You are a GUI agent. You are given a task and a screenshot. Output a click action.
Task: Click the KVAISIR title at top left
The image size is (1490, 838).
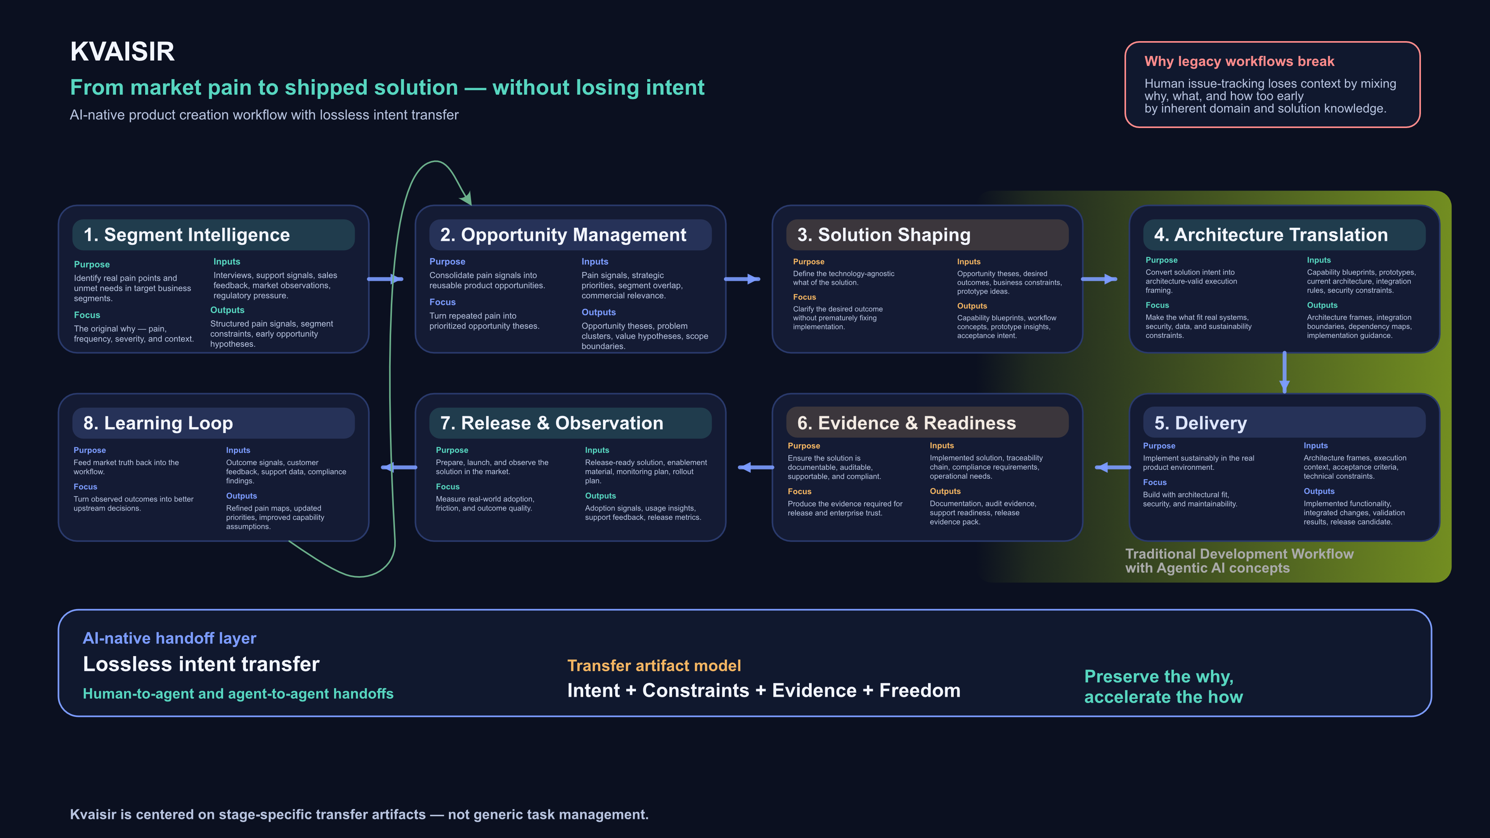pyautogui.click(x=122, y=52)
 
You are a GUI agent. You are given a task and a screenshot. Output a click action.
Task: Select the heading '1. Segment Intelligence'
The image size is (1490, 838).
pyautogui.click(x=186, y=235)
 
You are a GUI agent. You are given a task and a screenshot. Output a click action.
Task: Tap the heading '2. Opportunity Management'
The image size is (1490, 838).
pyautogui.click(x=562, y=235)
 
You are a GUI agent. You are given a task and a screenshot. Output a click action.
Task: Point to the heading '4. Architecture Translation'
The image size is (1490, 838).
pyautogui.click(x=1270, y=235)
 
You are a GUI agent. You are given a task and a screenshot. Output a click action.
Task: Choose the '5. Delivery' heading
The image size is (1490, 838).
pyautogui.click(x=1200, y=423)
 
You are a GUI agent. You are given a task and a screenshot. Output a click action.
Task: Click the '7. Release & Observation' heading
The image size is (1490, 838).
pyautogui.click(x=551, y=423)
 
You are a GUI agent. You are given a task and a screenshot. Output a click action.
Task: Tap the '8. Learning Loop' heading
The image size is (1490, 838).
pyautogui.click(x=158, y=423)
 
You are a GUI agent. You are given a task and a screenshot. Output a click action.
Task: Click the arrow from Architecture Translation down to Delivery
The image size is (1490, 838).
pyautogui.click(x=1284, y=373)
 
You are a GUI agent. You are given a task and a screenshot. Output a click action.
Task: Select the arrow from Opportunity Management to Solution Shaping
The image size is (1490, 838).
pyautogui.click(x=742, y=279)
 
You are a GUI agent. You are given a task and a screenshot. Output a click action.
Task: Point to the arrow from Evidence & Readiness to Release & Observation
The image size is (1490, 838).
pyautogui.click(x=755, y=467)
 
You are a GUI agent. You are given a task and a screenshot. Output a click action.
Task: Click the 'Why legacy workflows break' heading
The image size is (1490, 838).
pyautogui.click(x=1239, y=61)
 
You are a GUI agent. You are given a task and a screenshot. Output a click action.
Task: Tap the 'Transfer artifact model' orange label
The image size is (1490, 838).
pyautogui.click(x=653, y=666)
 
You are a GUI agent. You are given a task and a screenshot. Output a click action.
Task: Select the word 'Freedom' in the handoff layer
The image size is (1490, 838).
pyautogui.click(x=919, y=691)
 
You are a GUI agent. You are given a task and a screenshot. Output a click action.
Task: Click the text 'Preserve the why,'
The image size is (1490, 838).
pyautogui.click(x=1158, y=676)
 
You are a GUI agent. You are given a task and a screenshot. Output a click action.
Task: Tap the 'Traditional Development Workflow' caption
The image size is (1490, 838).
pyautogui.click(x=1239, y=554)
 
